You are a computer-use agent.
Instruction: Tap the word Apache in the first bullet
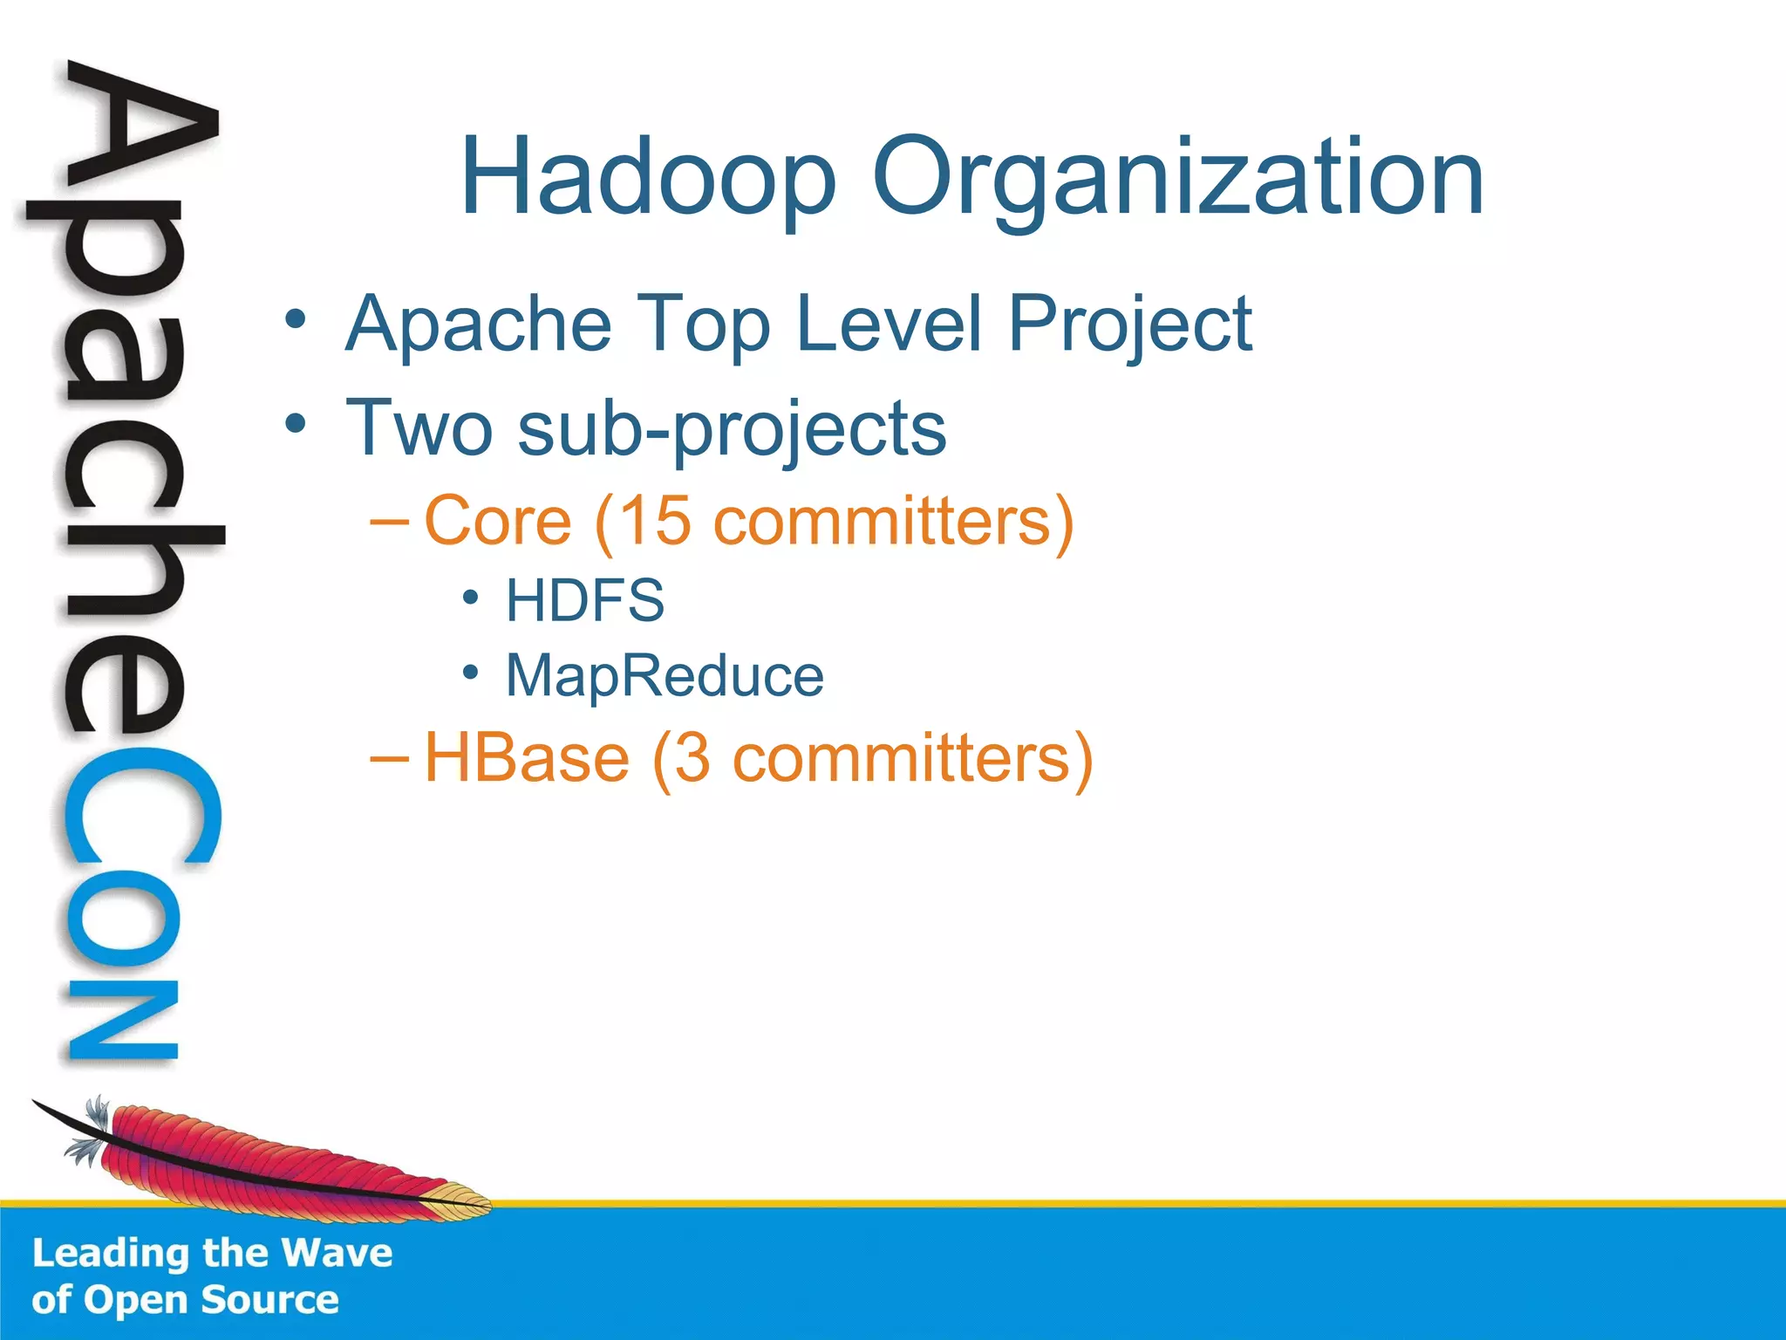(x=479, y=325)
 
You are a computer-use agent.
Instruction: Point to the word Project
(x=1130, y=325)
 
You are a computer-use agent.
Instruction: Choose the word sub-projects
(x=731, y=429)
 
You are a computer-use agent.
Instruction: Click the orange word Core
(x=497, y=521)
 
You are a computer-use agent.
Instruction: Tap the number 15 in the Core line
(x=655, y=521)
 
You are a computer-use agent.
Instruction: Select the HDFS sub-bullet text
(x=585, y=600)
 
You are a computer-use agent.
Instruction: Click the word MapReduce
(x=665, y=676)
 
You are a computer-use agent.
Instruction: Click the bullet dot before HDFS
(x=471, y=598)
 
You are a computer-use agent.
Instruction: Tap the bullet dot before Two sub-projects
(x=296, y=424)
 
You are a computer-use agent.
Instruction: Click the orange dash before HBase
(x=388, y=758)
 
